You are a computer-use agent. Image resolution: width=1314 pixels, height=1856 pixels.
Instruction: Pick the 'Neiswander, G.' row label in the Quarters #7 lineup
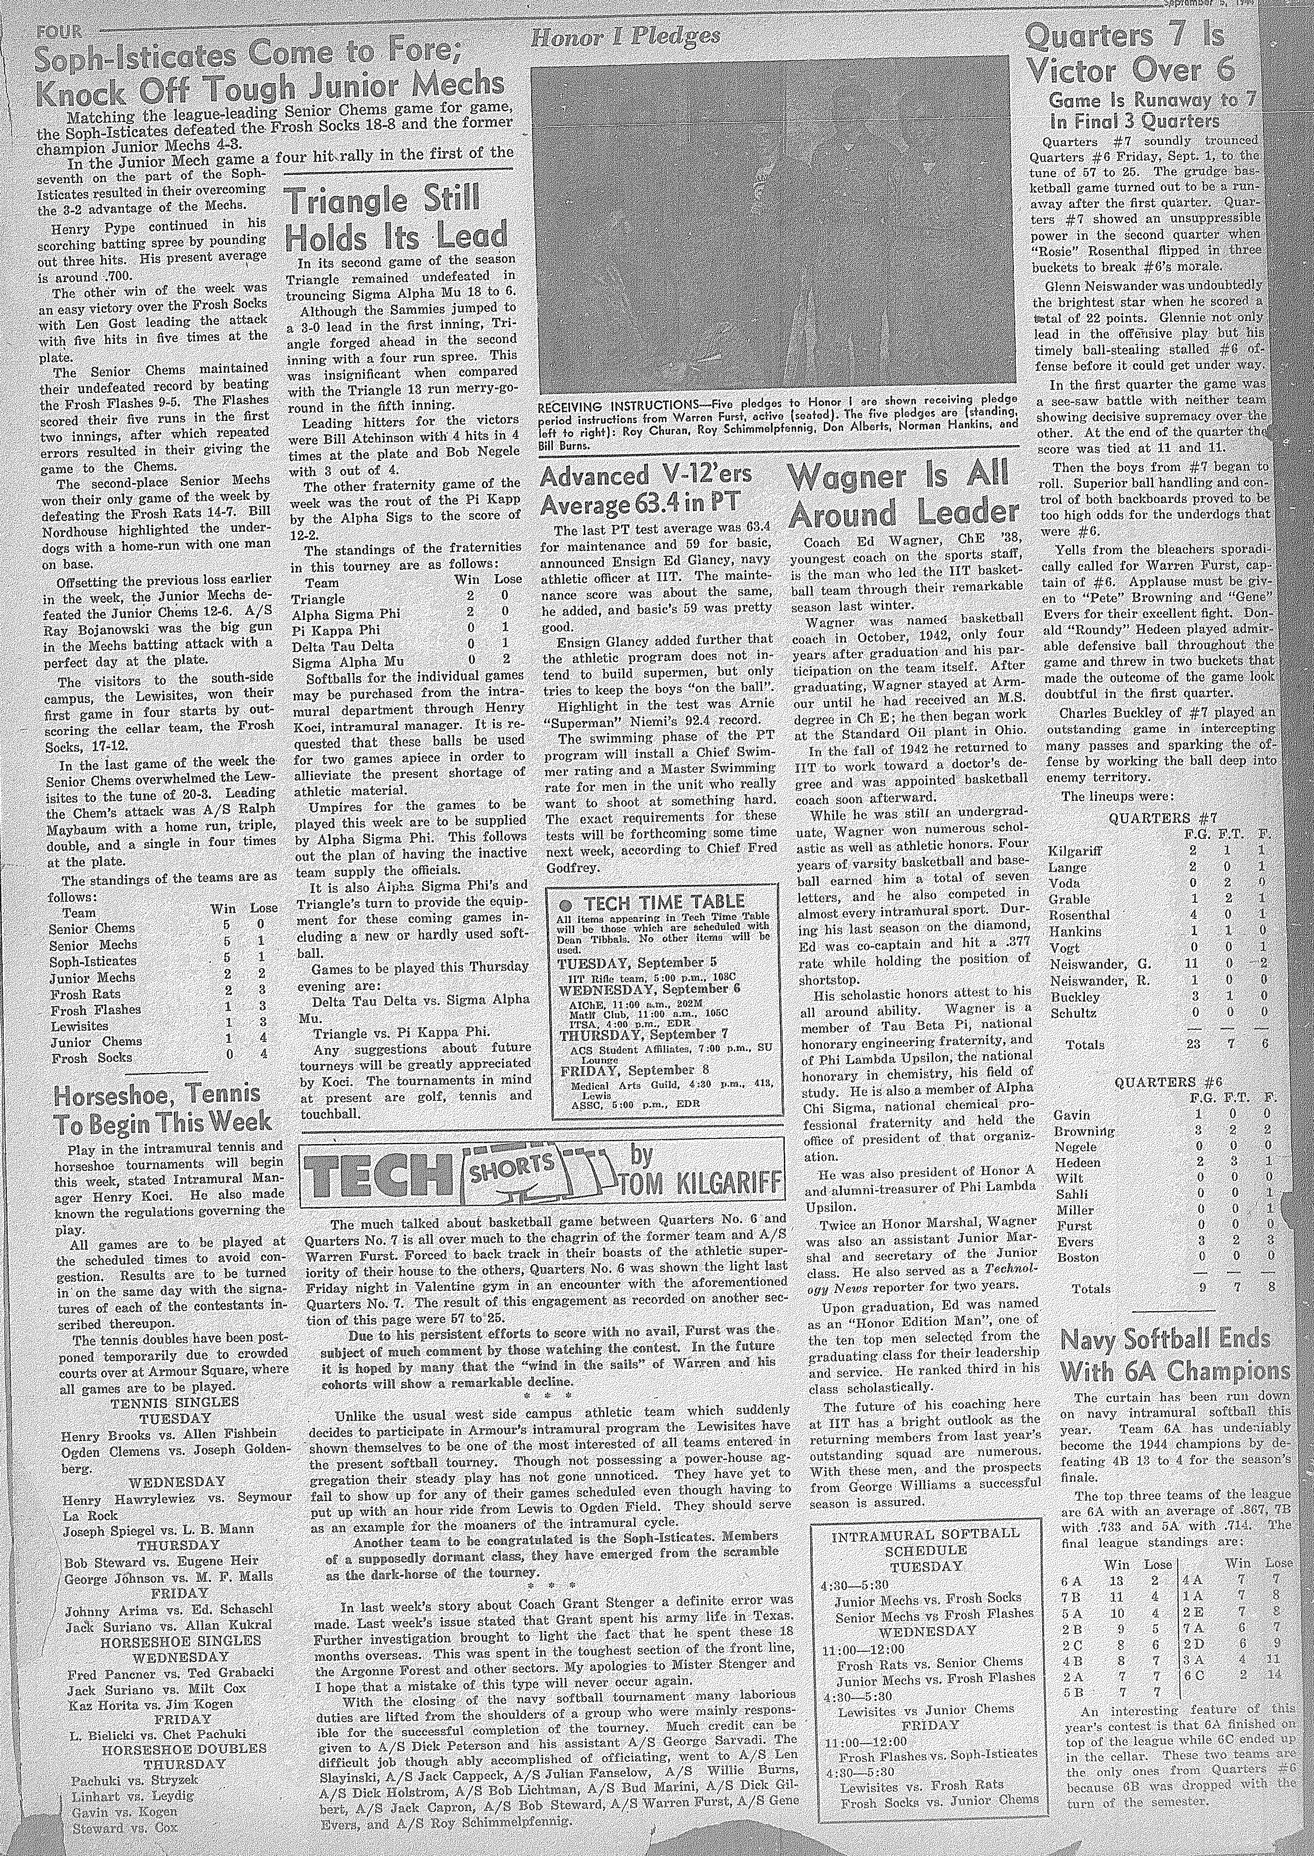pyautogui.click(x=1092, y=964)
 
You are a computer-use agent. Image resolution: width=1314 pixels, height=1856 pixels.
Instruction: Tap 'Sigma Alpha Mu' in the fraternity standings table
pyautogui.click(x=336, y=661)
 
